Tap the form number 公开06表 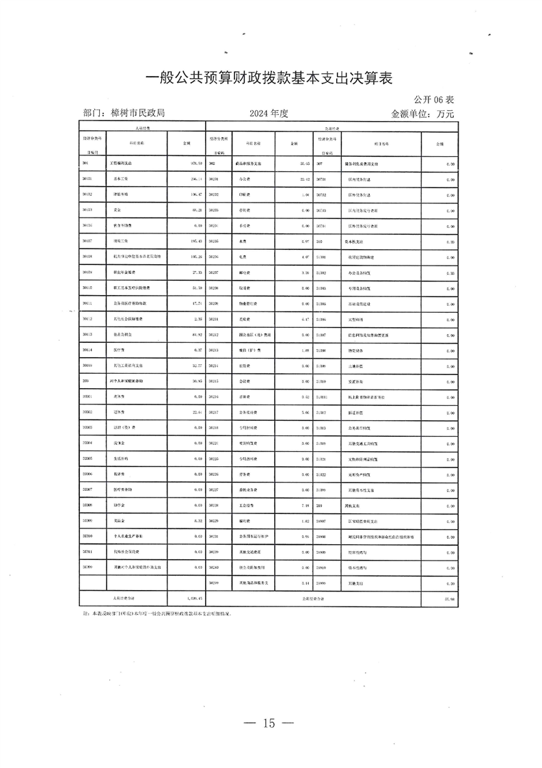coord(433,99)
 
